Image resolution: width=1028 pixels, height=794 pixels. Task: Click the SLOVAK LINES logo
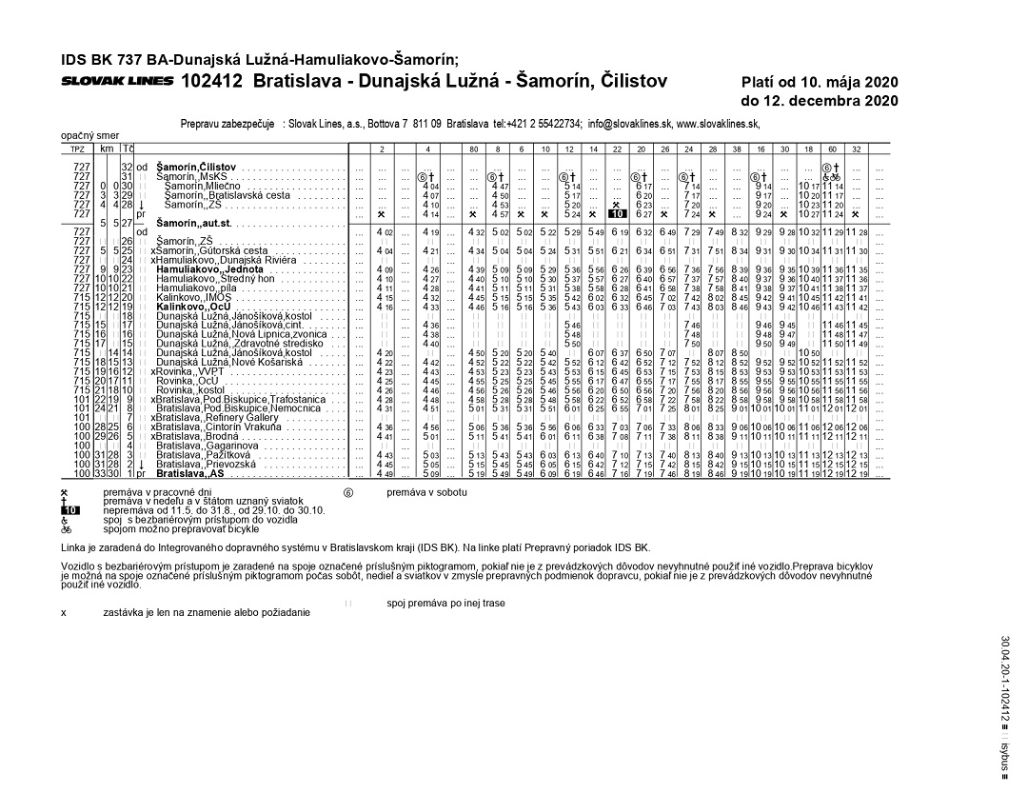pyautogui.click(x=117, y=81)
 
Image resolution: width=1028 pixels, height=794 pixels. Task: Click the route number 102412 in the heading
pyautogui.click(x=213, y=81)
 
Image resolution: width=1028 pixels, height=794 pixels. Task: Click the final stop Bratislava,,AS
pyautogui.click(x=189, y=472)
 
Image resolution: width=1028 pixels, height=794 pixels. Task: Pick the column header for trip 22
pyautogui.click(x=616, y=149)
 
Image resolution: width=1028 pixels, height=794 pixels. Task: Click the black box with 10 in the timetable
pyautogui.click(x=616, y=214)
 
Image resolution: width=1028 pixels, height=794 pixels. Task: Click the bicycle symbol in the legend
pyautogui.click(x=65, y=528)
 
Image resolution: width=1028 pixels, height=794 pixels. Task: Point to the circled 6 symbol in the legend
pyautogui.click(x=348, y=492)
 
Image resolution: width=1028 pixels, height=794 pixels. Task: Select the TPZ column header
pyautogui.click(x=78, y=149)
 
